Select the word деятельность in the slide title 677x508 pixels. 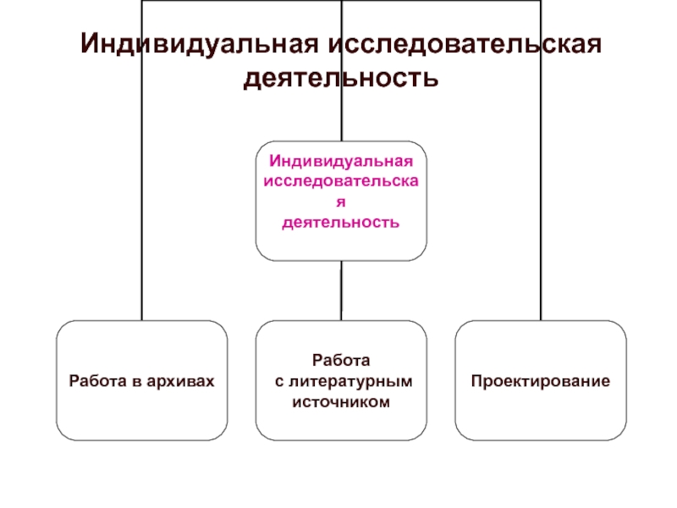pyautogui.click(x=341, y=79)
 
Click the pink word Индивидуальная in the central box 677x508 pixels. pyautogui.click(x=341, y=161)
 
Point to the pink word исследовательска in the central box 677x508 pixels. pyautogui.click(x=341, y=181)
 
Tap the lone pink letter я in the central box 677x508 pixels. pyautogui.click(x=341, y=202)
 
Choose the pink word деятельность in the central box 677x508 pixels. pyautogui.click(x=341, y=222)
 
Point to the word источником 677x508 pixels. pyautogui.click(x=341, y=402)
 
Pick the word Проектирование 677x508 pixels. pyautogui.click(x=541, y=382)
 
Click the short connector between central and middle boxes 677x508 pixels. pyautogui.click(x=341, y=290)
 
